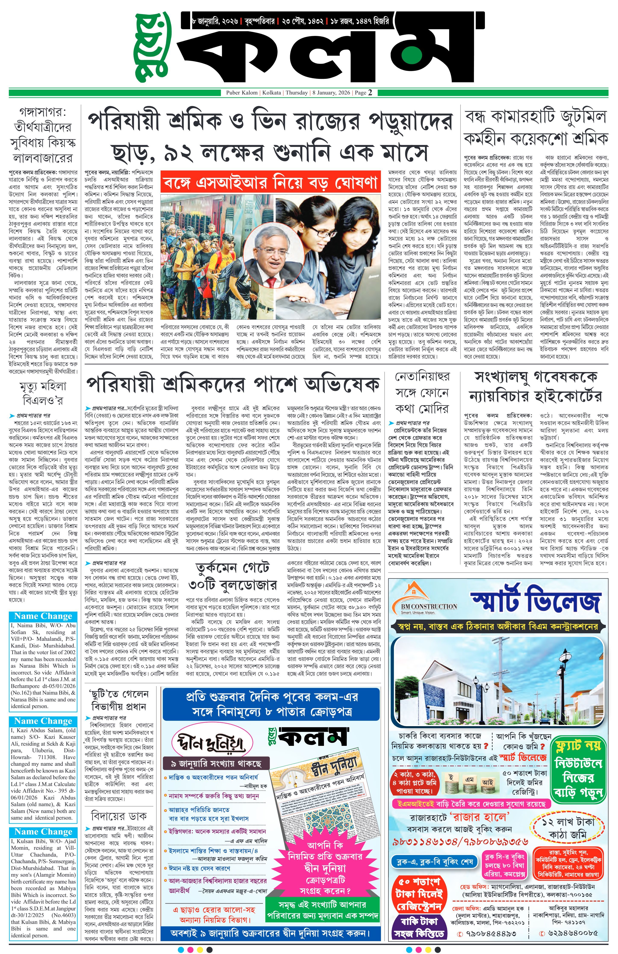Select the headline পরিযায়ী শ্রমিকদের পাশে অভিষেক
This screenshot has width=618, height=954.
232,385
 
